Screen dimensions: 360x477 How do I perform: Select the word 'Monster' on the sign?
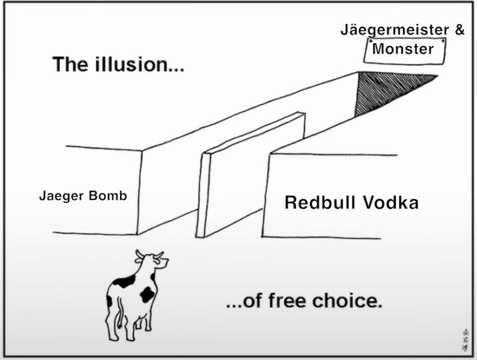coord(403,49)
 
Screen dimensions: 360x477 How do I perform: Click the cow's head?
coord(149,261)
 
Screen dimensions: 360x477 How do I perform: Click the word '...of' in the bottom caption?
coord(244,301)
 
